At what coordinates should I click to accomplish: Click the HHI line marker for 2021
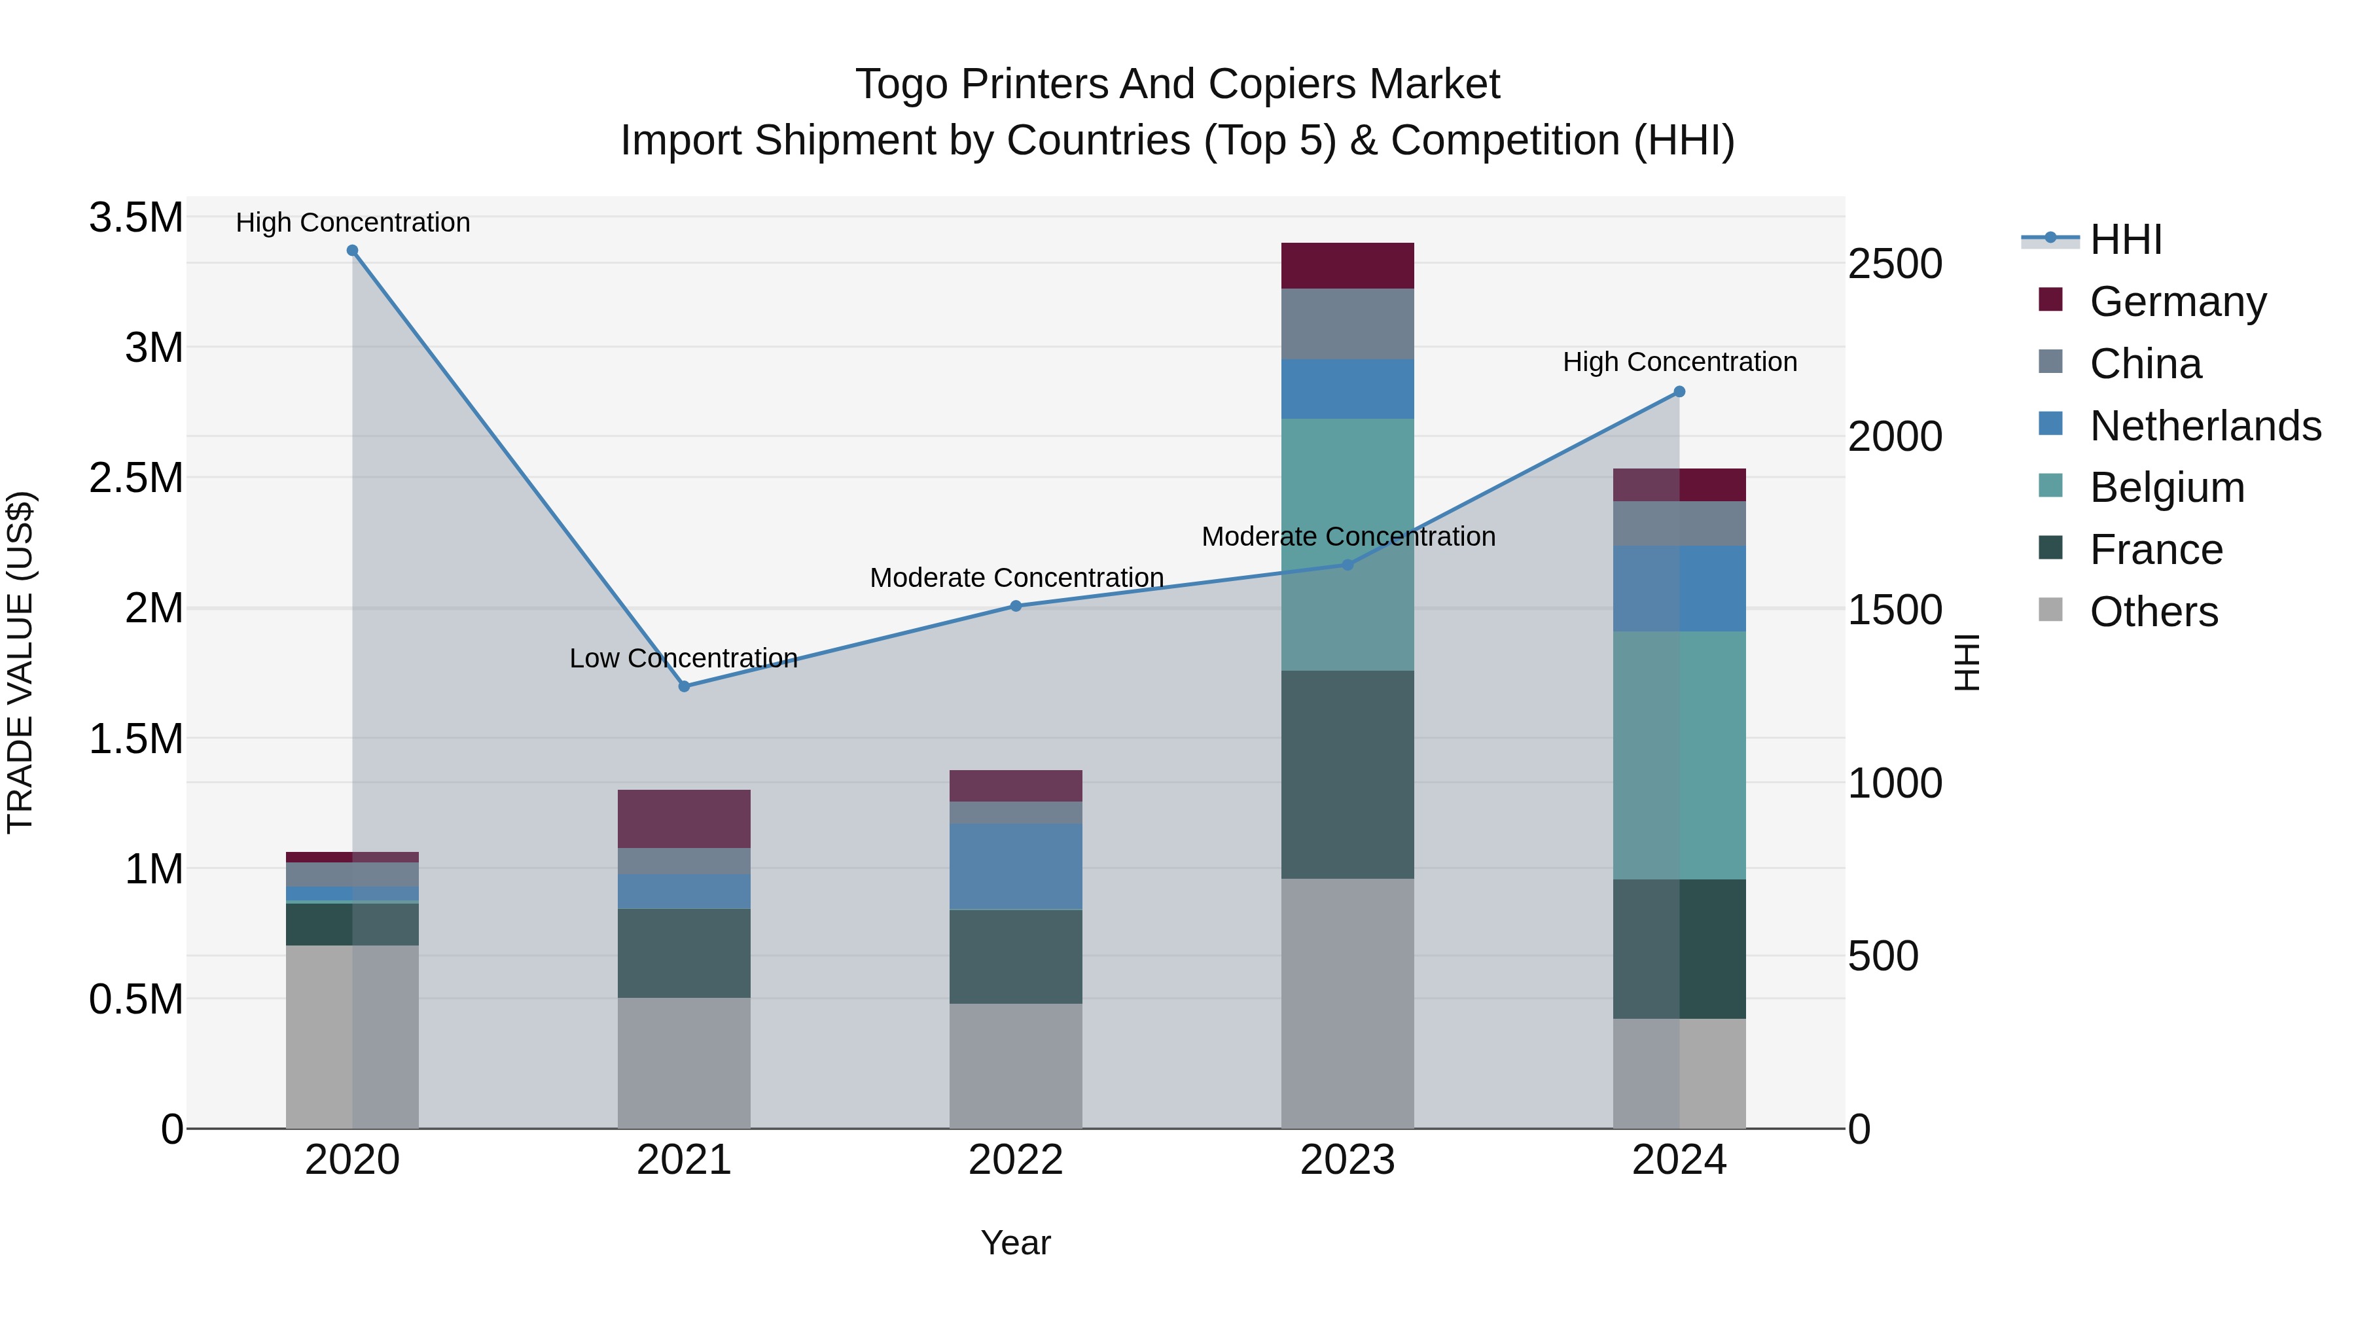click(x=684, y=686)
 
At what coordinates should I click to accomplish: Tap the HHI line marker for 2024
click(x=1679, y=391)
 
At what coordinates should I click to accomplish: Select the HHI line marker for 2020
click(x=352, y=251)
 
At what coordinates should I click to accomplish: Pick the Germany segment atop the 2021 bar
click(x=684, y=819)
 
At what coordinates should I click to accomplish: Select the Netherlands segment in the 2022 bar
click(x=1015, y=866)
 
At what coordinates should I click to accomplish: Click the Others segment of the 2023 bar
click(x=1348, y=1003)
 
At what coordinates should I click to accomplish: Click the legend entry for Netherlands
click(x=2204, y=426)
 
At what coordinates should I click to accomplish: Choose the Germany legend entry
click(x=2177, y=302)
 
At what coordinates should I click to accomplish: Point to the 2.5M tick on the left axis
click(x=135, y=478)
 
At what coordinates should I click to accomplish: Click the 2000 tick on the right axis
click(x=1894, y=436)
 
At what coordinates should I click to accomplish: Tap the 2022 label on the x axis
click(x=1015, y=1160)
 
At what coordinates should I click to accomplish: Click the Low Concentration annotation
click(x=683, y=658)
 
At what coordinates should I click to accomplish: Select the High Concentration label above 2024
click(x=1679, y=362)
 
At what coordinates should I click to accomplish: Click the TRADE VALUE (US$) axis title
click(x=20, y=662)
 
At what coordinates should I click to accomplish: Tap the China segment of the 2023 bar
click(x=1348, y=324)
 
